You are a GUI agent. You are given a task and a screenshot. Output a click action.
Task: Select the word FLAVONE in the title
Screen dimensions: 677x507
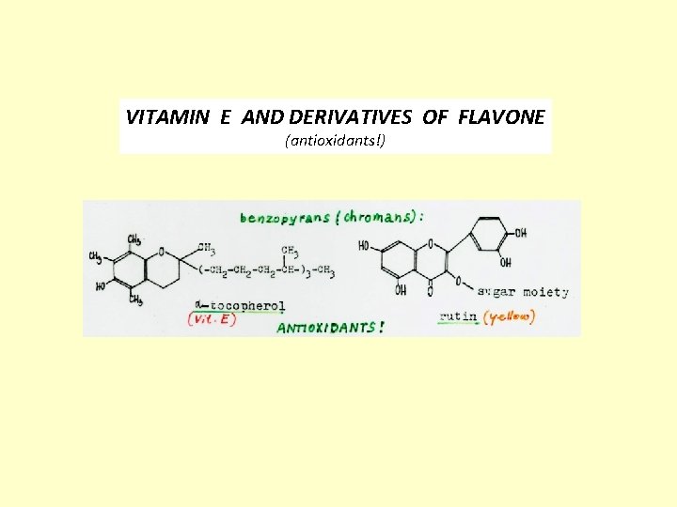[x=501, y=117]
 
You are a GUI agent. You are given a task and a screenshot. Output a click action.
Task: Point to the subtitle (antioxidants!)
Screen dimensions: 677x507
[x=335, y=142]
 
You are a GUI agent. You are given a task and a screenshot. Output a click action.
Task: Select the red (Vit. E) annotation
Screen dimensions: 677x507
[x=213, y=318]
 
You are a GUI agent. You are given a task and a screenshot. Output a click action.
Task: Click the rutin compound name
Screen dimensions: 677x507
[x=458, y=317]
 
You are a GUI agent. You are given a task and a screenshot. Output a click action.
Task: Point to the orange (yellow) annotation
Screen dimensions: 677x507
[x=509, y=317]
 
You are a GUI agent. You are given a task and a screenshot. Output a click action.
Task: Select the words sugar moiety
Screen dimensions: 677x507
[x=523, y=292]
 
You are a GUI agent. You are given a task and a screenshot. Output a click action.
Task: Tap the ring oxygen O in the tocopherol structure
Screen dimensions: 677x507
[x=163, y=251]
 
